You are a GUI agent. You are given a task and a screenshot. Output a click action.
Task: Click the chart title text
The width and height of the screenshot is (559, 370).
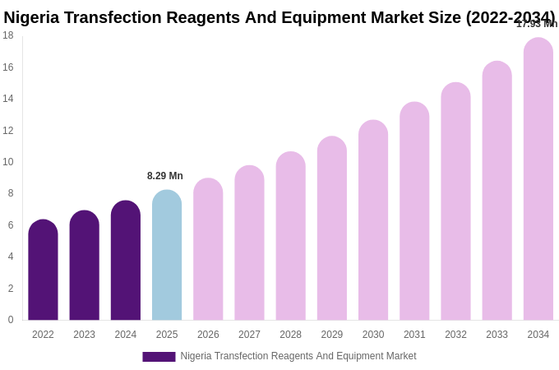pos(279,17)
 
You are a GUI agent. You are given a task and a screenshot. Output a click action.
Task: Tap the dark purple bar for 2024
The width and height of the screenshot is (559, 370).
pos(126,261)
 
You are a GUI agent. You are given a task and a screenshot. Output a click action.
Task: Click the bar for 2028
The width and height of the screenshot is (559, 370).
pos(290,236)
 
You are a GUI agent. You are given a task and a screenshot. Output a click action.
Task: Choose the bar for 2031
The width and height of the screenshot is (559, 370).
pos(414,211)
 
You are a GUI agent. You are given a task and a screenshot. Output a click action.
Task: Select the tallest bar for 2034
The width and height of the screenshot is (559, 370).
pos(538,179)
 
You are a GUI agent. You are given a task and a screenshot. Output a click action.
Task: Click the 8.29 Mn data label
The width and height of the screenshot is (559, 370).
pos(165,176)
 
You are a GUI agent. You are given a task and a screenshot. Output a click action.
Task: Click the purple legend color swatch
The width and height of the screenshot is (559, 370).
pos(159,357)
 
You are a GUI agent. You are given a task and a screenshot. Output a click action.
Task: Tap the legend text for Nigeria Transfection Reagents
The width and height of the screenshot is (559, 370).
pos(298,356)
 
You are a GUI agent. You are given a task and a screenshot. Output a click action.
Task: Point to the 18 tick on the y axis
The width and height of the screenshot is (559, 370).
pos(8,35)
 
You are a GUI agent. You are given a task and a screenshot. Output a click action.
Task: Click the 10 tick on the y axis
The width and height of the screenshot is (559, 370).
pos(8,162)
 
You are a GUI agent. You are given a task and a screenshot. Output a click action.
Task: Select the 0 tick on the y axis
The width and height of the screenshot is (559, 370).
pos(10,320)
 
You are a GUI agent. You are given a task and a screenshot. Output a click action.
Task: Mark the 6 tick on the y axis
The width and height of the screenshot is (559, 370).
pos(10,225)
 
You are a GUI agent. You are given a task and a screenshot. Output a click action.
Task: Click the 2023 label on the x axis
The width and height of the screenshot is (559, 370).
pos(84,335)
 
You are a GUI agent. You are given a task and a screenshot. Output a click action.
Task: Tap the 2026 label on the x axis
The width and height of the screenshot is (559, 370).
pos(208,335)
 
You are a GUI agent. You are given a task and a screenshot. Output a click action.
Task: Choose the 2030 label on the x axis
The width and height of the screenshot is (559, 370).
pos(373,335)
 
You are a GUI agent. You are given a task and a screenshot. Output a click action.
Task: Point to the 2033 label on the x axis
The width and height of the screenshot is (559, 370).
pos(497,335)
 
